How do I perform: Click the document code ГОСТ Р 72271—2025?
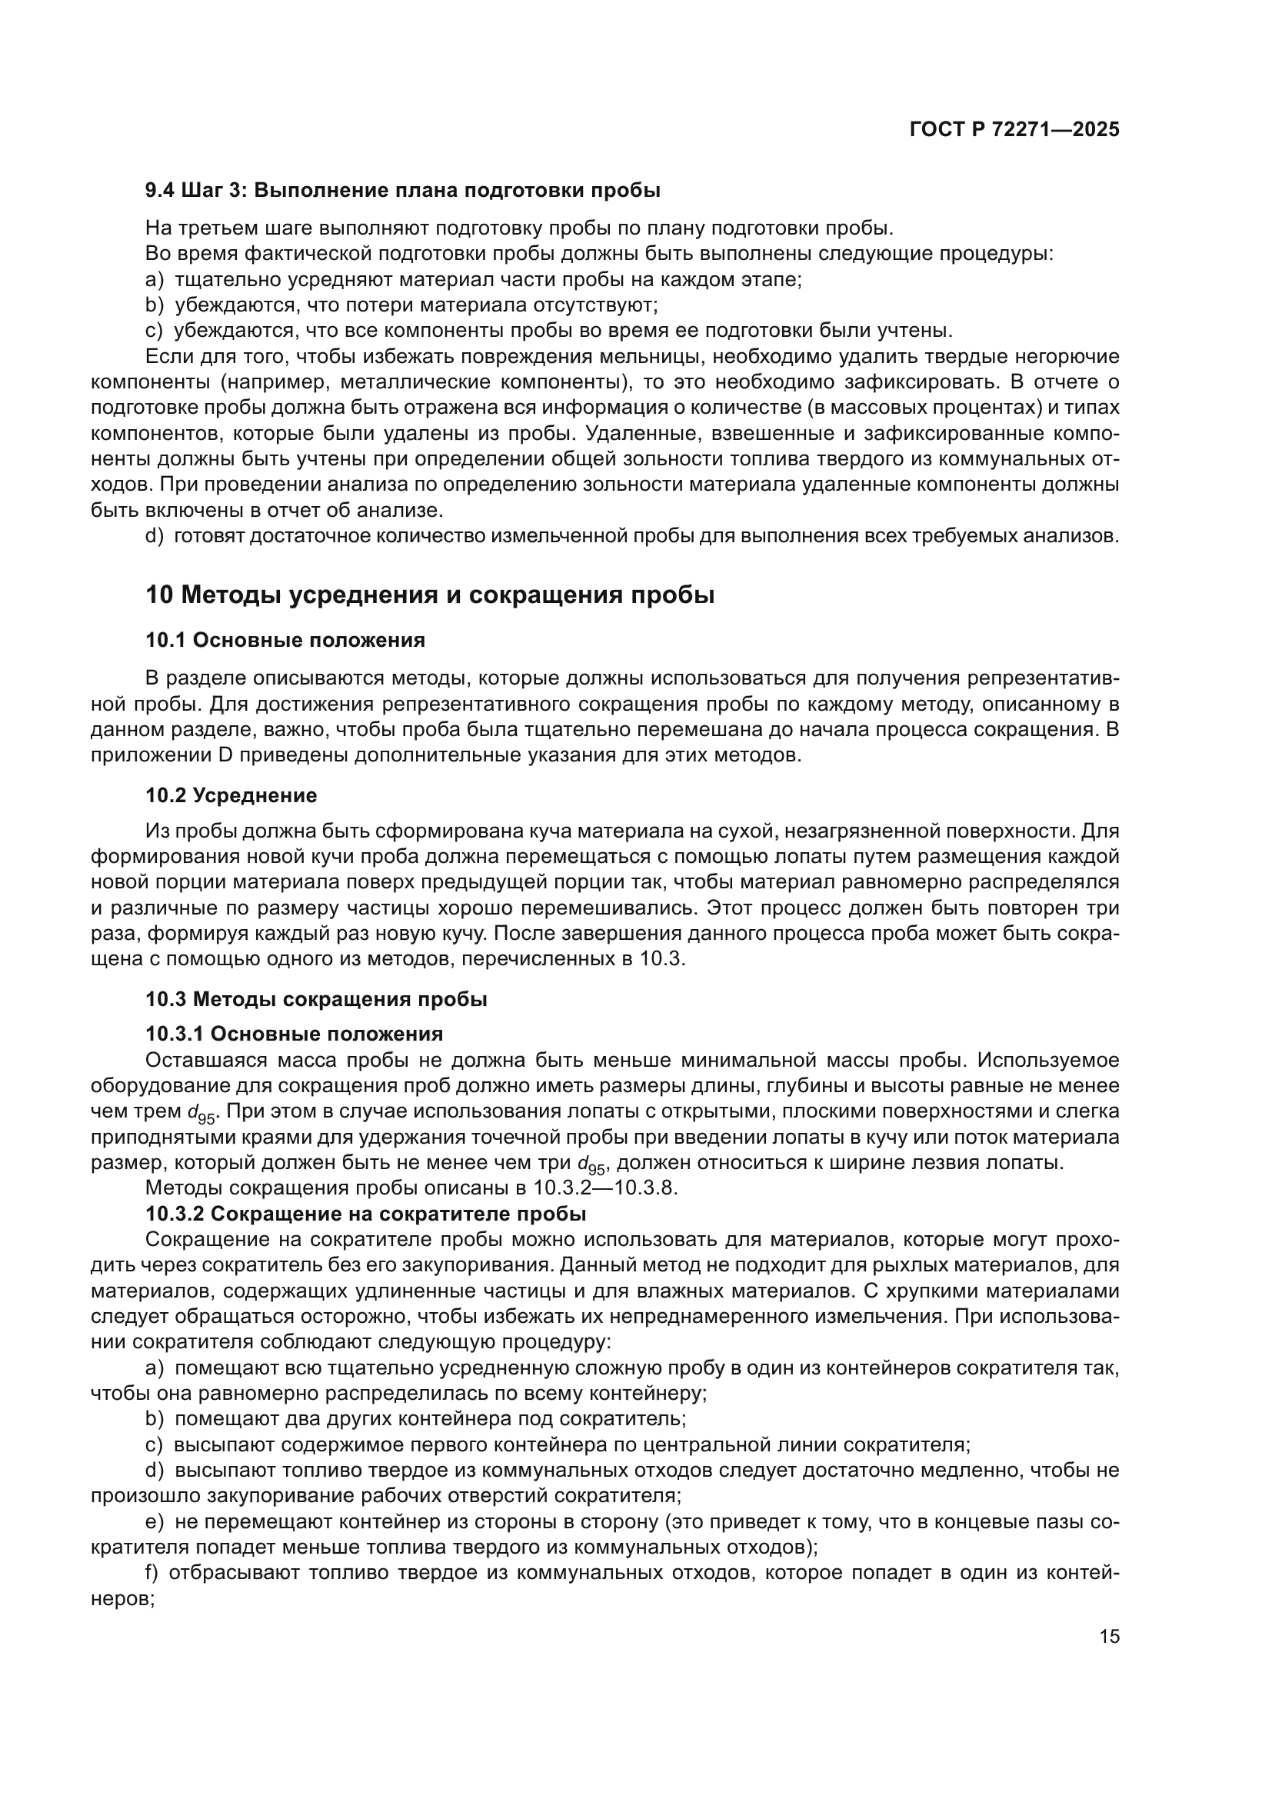click(1014, 130)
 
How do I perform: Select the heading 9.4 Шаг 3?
click(402, 191)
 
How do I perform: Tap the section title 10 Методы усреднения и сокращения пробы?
click(430, 595)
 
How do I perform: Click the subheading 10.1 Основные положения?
click(285, 640)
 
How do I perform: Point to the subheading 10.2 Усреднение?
click(231, 796)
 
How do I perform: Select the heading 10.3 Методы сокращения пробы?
click(316, 1000)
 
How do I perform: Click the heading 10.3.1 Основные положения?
click(294, 1034)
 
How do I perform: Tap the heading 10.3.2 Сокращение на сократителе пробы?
click(366, 1214)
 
